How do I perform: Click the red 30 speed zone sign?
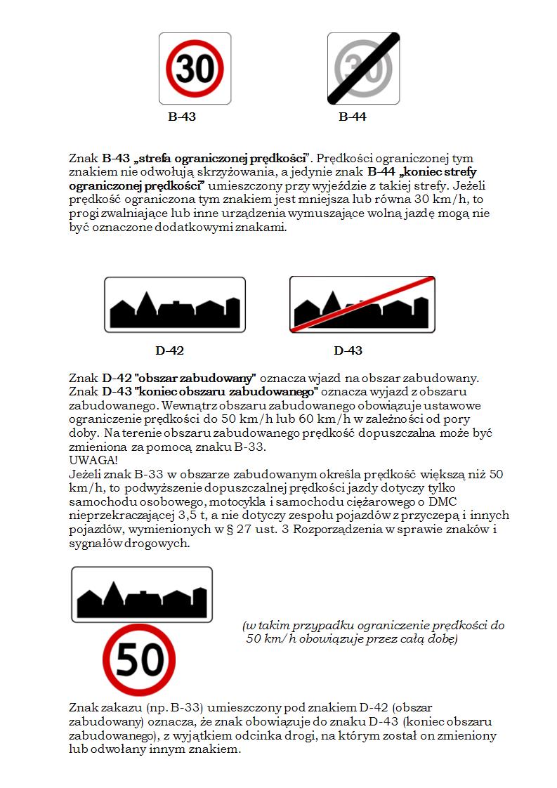tap(195, 68)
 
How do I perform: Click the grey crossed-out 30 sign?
tap(363, 68)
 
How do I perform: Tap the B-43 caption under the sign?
tap(182, 117)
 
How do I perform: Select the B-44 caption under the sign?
tap(353, 117)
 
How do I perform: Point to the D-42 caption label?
tap(170, 350)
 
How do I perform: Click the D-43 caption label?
tap(348, 350)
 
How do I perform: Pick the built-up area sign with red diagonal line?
tap(362, 305)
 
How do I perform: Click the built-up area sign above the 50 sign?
tap(142, 594)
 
